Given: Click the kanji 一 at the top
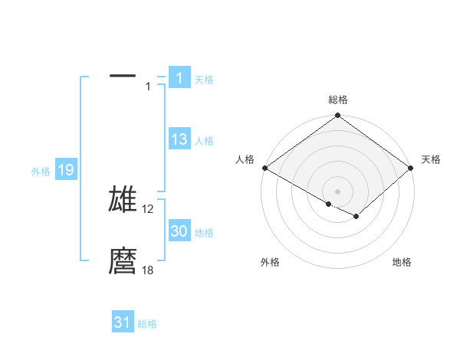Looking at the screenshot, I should (x=123, y=77).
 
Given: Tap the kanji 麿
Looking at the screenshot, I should (x=123, y=261).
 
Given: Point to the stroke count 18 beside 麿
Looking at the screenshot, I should (x=148, y=270).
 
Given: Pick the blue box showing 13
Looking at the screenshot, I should (x=179, y=139).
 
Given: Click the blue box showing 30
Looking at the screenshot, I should (x=179, y=231).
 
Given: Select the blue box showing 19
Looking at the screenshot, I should (x=66, y=170).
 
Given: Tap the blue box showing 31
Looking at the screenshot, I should (x=123, y=322).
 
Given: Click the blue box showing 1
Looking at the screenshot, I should (x=179, y=77).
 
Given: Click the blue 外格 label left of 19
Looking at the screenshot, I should (x=41, y=172).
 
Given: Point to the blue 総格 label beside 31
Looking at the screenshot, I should (x=147, y=324).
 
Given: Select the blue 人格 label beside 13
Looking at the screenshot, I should (x=204, y=141).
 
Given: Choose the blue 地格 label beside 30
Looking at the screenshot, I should (x=204, y=233).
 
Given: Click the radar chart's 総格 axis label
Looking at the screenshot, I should (x=338, y=100).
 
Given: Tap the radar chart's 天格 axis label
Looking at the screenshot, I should (x=431, y=159).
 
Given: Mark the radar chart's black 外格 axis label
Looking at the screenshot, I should (x=270, y=263).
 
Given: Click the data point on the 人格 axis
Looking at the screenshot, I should (x=264, y=168).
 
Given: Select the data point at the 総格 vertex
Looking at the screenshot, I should (x=338, y=116).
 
